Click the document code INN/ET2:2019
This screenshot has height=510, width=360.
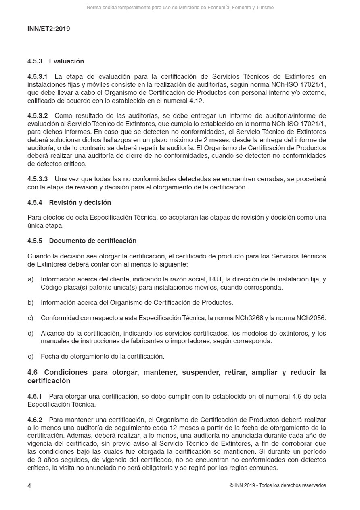click(x=48, y=29)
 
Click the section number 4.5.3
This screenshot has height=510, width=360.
click(x=36, y=61)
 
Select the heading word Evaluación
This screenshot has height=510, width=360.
click(x=67, y=61)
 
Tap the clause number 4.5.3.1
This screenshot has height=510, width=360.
click(x=38, y=76)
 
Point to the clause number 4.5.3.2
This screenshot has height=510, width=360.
click(x=38, y=116)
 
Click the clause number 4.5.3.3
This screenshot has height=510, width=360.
click(x=38, y=179)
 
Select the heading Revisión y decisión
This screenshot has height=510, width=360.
click(x=80, y=202)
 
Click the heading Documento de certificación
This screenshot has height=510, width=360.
click(x=93, y=241)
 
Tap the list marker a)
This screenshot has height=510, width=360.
click(x=31, y=279)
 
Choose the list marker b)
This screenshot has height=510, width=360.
click(x=31, y=302)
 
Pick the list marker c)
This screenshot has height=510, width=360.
click(x=31, y=318)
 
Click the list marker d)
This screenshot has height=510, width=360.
click(x=31, y=334)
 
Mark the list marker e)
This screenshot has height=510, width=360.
click(x=31, y=357)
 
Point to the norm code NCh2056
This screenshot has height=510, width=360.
click(x=311, y=318)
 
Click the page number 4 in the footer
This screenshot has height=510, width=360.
click(x=29, y=486)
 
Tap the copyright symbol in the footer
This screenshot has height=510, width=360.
click(x=231, y=485)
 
